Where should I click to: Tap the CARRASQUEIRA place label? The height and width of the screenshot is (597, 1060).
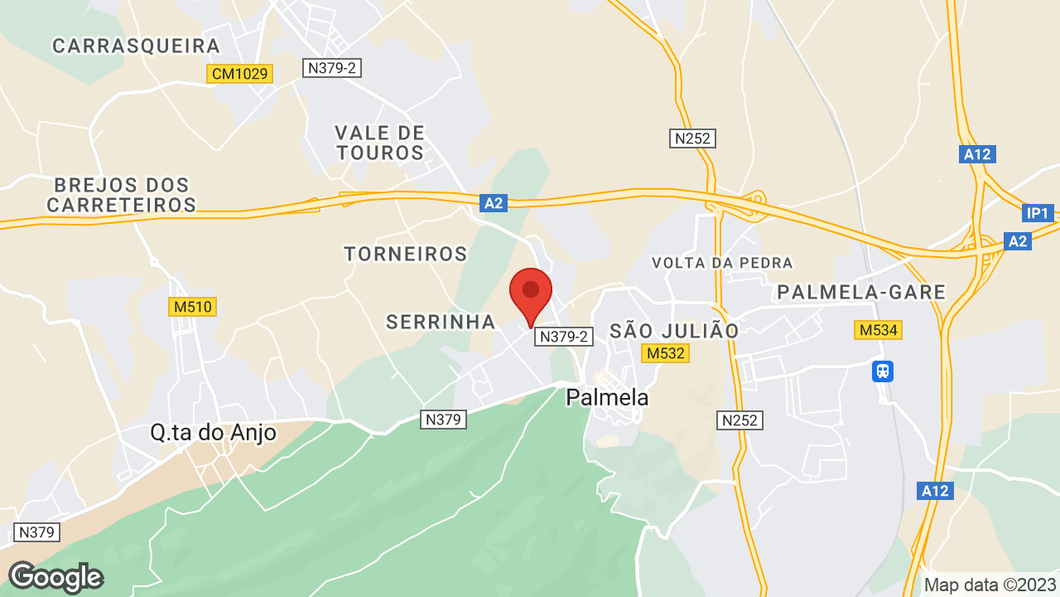point(137,46)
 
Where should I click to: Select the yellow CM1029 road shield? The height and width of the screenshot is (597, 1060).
point(239,74)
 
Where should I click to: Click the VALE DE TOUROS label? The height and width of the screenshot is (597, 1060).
point(379,143)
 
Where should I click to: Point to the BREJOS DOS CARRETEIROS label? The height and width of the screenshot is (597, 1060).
point(121,194)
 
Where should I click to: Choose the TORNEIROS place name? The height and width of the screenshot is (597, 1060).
point(406,254)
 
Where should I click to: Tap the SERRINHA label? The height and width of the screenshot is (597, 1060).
point(441,322)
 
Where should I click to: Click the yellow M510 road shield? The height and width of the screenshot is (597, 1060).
point(193,307)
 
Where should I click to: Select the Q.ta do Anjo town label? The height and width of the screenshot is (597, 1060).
point(213,432)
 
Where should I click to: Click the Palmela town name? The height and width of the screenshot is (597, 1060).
point(607,397)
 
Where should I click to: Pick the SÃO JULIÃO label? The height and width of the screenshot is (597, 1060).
point(674,331)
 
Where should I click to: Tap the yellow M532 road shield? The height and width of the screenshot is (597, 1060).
point(666,353)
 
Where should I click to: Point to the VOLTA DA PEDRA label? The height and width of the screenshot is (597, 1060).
point(722,263)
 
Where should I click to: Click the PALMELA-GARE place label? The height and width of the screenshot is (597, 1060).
point(861,292)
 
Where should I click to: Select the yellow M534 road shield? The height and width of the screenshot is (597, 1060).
point(878,330)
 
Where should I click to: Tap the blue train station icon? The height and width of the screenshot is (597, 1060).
point(883,370)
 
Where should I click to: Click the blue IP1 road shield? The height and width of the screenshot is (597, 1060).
point(1038,213)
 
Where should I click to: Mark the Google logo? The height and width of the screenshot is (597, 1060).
point(55,577)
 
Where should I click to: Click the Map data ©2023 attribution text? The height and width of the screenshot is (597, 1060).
point(990,585)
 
